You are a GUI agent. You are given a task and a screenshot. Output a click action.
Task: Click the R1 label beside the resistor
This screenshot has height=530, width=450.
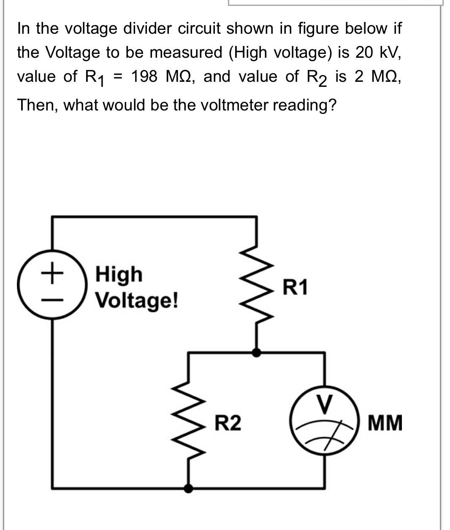coord(295,287)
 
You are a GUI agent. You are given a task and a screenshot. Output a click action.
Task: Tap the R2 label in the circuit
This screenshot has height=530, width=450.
coord(228,423)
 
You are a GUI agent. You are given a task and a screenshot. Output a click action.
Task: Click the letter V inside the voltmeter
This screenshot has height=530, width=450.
coord(324,404)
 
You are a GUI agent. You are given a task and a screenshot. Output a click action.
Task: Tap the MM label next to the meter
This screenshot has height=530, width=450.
coord(385,423)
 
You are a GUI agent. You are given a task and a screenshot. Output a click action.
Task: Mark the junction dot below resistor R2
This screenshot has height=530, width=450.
coord(189,488)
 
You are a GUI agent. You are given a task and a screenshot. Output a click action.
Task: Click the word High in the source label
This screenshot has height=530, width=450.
coord(119,275)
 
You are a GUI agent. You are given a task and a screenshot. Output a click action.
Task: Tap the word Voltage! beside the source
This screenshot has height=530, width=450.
coord(136,300)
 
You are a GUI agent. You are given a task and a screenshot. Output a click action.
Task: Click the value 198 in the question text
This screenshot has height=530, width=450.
coord(144,77)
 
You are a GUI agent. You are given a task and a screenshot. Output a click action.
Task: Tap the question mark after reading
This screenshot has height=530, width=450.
coord(332,105)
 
